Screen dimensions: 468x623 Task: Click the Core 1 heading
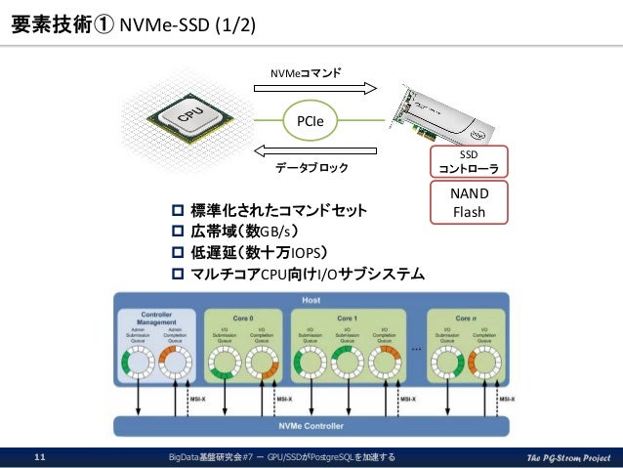pos(348,319)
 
